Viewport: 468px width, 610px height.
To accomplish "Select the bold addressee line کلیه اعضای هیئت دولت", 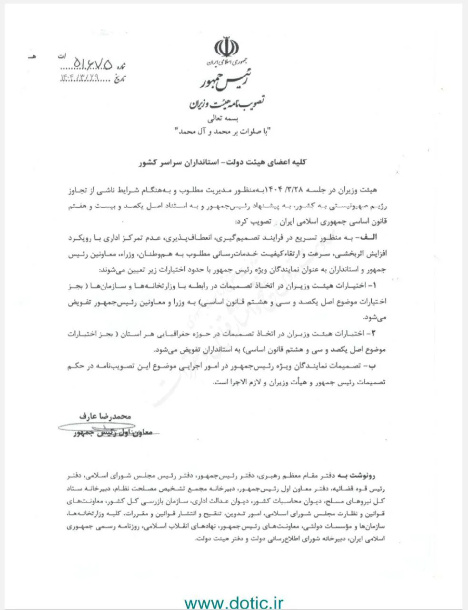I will tap(224, 163).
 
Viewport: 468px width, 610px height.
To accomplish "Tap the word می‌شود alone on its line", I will tap(375, 317).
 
